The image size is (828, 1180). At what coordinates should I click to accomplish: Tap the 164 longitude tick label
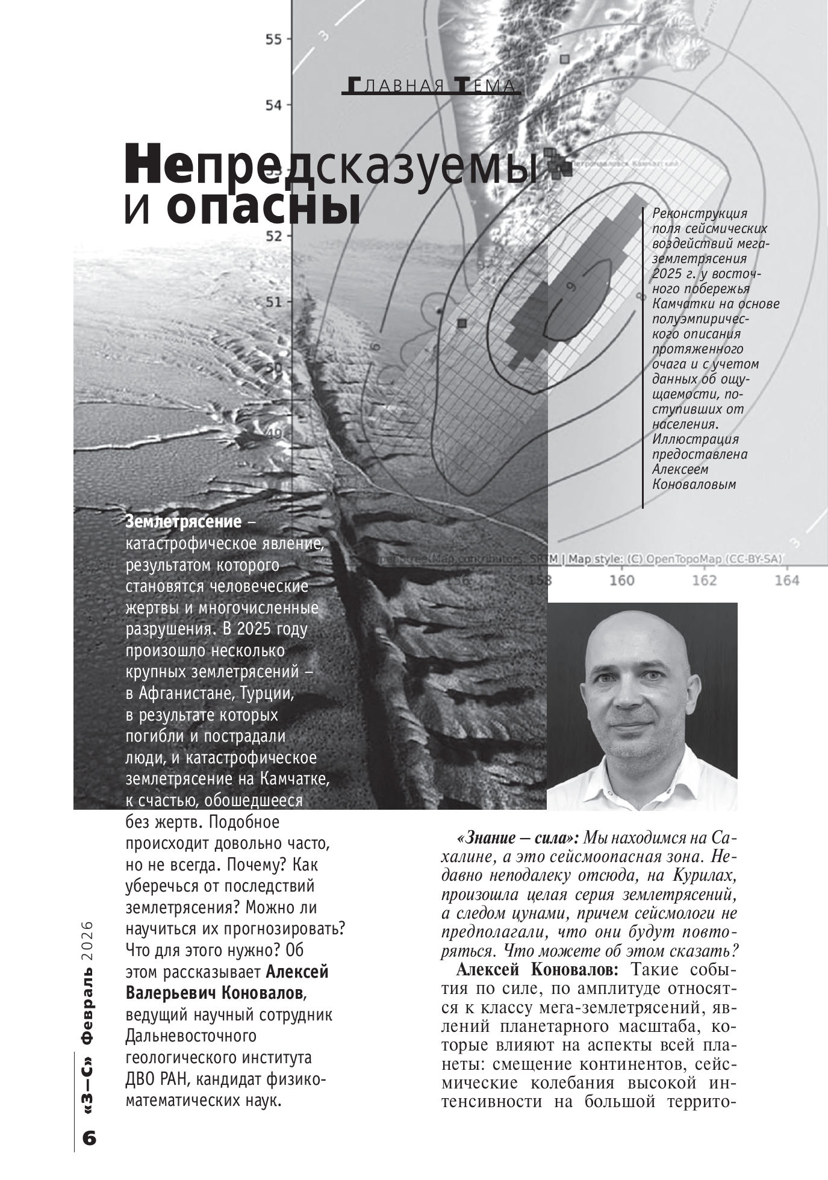tap(786, 580)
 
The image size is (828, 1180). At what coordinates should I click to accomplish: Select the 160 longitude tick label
tap(622, 580)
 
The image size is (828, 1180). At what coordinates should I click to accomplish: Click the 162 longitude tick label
tap(704, 580)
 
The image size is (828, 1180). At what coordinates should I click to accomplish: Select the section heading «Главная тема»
tap(431, 86)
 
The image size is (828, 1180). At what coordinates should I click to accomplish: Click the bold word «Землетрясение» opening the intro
tap(183, 521)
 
